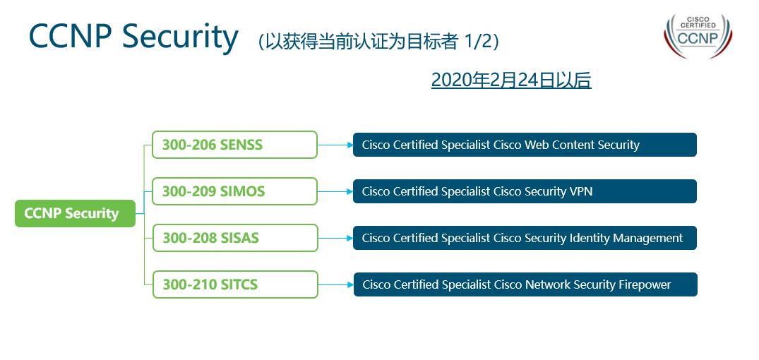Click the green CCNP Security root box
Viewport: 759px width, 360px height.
click(75, 213)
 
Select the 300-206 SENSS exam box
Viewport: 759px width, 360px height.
click(235, 145)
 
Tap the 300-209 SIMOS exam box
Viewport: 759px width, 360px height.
click(235, 191)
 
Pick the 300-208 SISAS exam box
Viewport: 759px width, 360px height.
click(235, 238)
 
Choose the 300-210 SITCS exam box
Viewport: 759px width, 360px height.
click(235, 284)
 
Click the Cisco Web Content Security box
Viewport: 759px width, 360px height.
click(525, 145)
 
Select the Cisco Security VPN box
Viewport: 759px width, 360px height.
click(525, 191)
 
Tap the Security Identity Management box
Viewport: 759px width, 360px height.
click(525, 238)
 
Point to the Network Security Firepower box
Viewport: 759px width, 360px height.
click(525, 284)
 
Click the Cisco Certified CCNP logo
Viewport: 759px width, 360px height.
click(698, 35)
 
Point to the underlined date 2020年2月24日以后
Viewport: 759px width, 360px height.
click(510, 80)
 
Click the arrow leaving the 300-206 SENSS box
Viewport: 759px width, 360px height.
click(335, 145)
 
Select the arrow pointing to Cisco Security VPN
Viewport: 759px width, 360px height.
click(335, 191)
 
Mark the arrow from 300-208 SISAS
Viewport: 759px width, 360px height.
click(335, 238)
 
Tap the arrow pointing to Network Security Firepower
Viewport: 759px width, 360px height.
click(335, 284)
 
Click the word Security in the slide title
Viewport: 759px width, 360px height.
click(179, 37)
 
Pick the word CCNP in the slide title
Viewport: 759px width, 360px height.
click(71, 37)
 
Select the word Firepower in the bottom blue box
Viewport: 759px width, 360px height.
click(643, 284)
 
